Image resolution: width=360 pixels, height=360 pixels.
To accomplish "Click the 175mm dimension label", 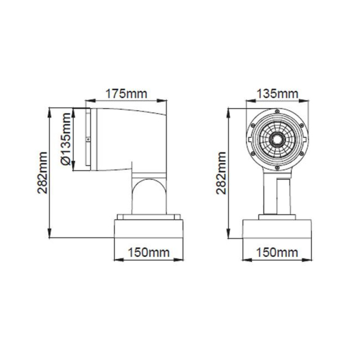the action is click(126, 94).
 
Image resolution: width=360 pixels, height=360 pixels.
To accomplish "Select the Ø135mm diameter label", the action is click(66, 139).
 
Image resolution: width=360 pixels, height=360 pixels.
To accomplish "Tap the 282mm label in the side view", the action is click(42, 173).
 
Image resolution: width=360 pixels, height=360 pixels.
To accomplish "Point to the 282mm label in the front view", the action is click(221, 173).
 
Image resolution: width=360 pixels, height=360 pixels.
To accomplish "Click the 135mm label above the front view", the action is click(277, 94).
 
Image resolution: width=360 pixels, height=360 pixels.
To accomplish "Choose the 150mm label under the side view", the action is click(148, 252).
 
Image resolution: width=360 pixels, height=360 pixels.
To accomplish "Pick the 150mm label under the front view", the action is click(277, 252).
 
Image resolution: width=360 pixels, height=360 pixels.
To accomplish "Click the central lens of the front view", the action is click(277, 139).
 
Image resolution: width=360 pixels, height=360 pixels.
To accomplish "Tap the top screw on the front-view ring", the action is click(277, 111).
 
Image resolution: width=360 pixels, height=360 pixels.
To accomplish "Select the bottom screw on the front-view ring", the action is click(277, 168).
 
